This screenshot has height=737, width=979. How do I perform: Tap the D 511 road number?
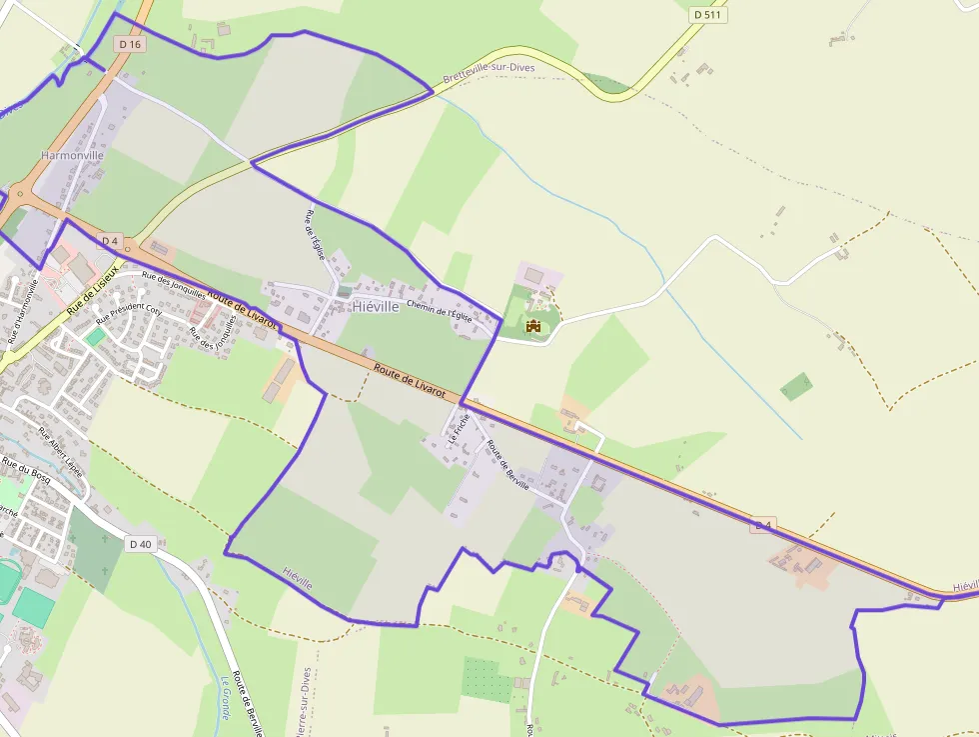(x=710, y=15)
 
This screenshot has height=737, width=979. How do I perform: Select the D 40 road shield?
(x=141, y=544)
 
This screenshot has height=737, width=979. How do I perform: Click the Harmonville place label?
(x=72, y=156)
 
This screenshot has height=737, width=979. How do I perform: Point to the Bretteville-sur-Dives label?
(x=489, y=73)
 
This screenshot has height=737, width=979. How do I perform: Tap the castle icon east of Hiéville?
(x=533, y=325)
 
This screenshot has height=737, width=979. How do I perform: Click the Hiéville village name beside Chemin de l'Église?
(x=376, y=307)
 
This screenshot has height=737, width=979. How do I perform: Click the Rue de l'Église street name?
(x=316, y=235)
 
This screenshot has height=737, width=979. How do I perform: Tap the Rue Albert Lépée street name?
(x=61, y=451)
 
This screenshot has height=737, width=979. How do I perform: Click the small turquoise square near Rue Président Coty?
(x=94, y=338)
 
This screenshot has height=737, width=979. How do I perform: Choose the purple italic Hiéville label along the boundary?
(x=298, y=577)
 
